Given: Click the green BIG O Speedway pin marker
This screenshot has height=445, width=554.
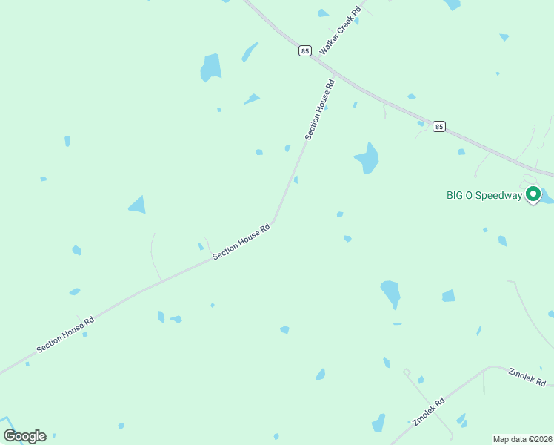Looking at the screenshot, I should click(x=533, y=195).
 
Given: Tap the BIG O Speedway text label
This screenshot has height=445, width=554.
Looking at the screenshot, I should click(x=484, y=196).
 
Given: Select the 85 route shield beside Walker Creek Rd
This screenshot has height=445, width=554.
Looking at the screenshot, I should click(x=305, y=50).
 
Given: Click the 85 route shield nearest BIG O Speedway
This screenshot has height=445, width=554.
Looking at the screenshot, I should click(x=439, y=127).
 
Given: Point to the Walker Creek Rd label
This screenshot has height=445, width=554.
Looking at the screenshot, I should click(x=340, y=31).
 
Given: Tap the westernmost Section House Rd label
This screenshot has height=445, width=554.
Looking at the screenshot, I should click(x=66, y=335).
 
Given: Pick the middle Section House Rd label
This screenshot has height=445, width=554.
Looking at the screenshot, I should click(x=241, y=242).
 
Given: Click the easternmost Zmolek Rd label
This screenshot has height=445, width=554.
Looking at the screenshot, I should click(x=527, y=377).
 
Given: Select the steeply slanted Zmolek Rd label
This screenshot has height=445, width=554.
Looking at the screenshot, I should click(x=429, y=412).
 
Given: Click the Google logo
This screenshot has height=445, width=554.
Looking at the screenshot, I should click(x=24, y=436).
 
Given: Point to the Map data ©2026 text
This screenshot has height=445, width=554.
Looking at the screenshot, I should click(x=522, y=438).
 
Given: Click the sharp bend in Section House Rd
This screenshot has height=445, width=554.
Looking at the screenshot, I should click(x=274, y=221).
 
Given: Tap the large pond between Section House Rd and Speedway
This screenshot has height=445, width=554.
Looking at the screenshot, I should click(x=367, y=157).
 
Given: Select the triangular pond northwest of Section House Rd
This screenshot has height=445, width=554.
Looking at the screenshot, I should click(x=138, y=205).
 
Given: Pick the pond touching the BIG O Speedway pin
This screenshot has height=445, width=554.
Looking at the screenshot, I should click(x=547, y=197).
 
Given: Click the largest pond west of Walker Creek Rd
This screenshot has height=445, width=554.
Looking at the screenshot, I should click(x=211, y=68).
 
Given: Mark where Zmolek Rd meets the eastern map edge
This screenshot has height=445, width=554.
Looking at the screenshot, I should click(x=553, y=386).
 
